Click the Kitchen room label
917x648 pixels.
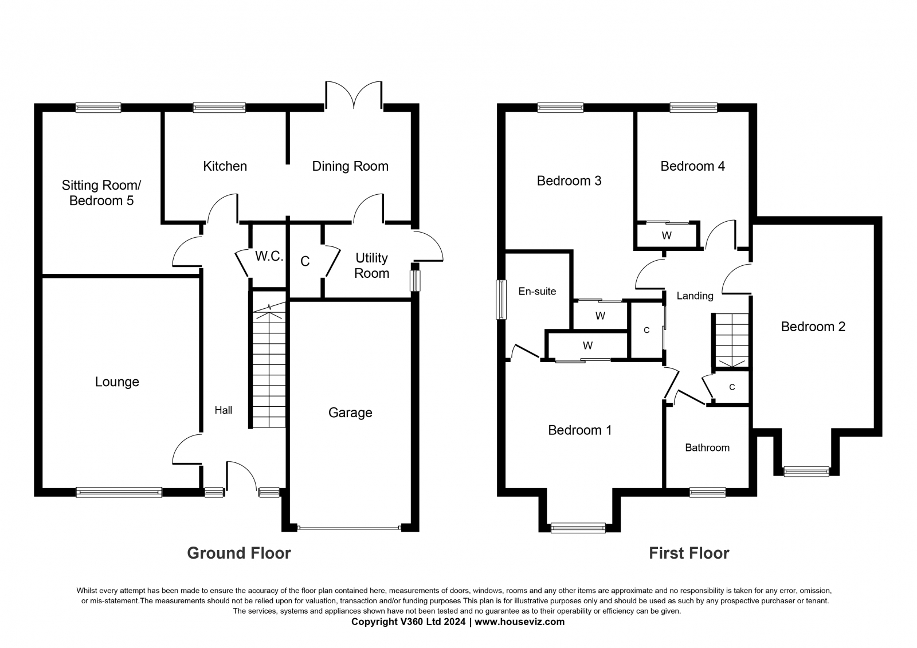(x=225, y=166)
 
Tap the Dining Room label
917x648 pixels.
(x=350, y=166)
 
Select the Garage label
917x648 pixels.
(x=350, y=413)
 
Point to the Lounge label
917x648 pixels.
(x=117, y=382)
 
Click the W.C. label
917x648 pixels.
(x=269, y=256)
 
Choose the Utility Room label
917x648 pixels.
(x=372, y=266)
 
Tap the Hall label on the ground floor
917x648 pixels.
(x=224, y=410)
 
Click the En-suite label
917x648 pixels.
(x=537, y=292)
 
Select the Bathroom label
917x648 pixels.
(x=707, y=448)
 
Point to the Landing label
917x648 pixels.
(x=695, y=296)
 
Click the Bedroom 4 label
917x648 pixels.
(x=693, y=166)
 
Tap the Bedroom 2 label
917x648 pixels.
(x=813, y=327)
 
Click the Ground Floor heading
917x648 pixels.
(x=239, y=553)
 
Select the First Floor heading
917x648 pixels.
(x=689, y=553)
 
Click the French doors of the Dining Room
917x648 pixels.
(x=354, y=96)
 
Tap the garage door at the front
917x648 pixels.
(x=349, y=528)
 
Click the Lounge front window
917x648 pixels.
(x=119, y=492)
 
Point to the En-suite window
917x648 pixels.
(x=501, y=299)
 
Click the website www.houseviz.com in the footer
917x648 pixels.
(x=519, y=622)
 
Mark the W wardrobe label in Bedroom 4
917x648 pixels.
(x=667, y=236)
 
